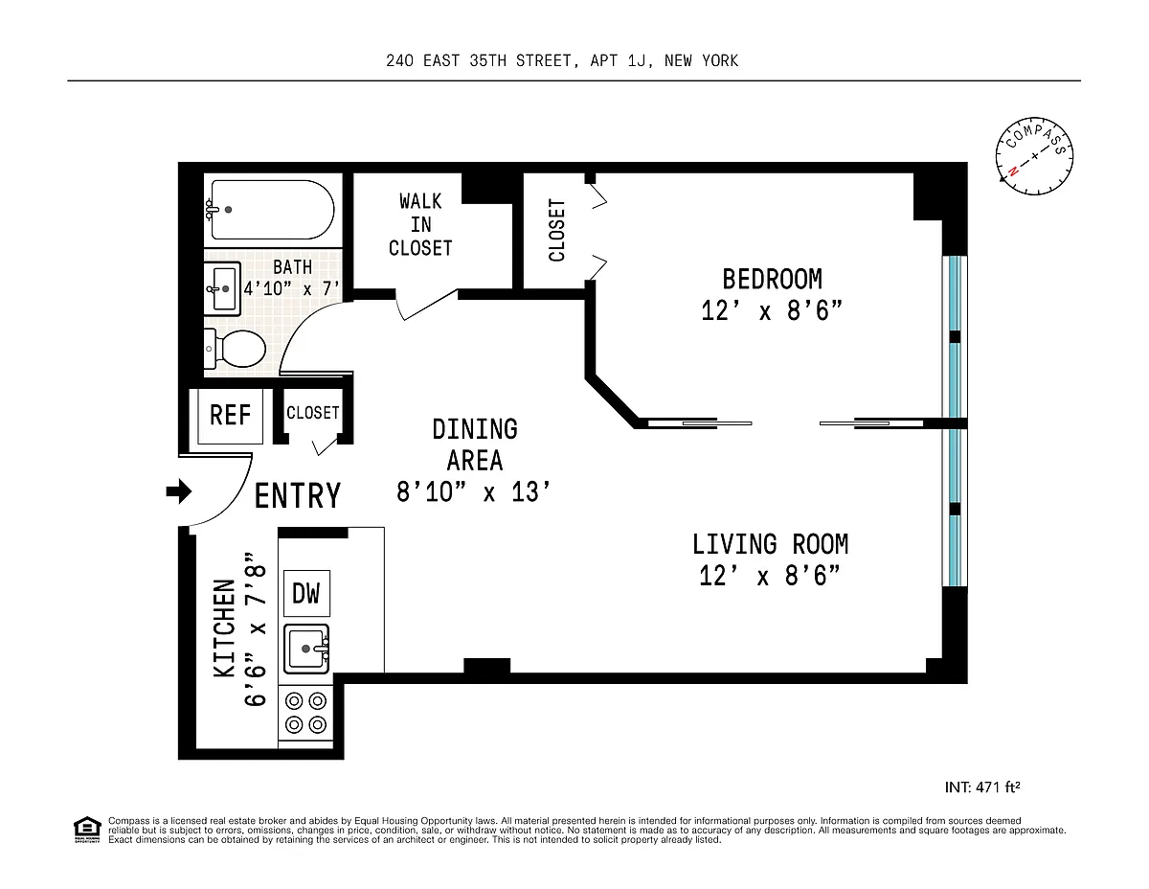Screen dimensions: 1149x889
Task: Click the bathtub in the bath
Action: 270,210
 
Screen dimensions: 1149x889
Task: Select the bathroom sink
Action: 222,288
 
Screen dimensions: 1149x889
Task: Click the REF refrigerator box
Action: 230,416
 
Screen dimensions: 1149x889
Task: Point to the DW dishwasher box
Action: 306,593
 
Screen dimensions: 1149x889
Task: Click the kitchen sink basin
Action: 306,649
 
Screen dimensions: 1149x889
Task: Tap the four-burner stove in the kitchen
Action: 305,713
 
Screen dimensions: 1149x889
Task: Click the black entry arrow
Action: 179,491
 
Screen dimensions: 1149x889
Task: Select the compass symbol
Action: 1034,156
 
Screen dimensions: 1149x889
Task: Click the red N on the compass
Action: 1013,171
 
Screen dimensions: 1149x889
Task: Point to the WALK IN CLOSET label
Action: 420,225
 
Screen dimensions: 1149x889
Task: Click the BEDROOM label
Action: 772,279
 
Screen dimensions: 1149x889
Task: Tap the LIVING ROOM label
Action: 771,545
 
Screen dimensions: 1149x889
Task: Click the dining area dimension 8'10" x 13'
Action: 474,492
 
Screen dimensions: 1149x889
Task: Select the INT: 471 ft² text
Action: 982,787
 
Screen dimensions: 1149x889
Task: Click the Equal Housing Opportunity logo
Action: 87,830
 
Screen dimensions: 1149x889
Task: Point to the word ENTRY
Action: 298,496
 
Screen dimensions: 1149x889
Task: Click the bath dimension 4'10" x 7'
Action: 292,288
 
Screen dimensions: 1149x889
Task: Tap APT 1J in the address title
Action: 619,61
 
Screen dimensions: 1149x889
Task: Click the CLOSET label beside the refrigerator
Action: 312,413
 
